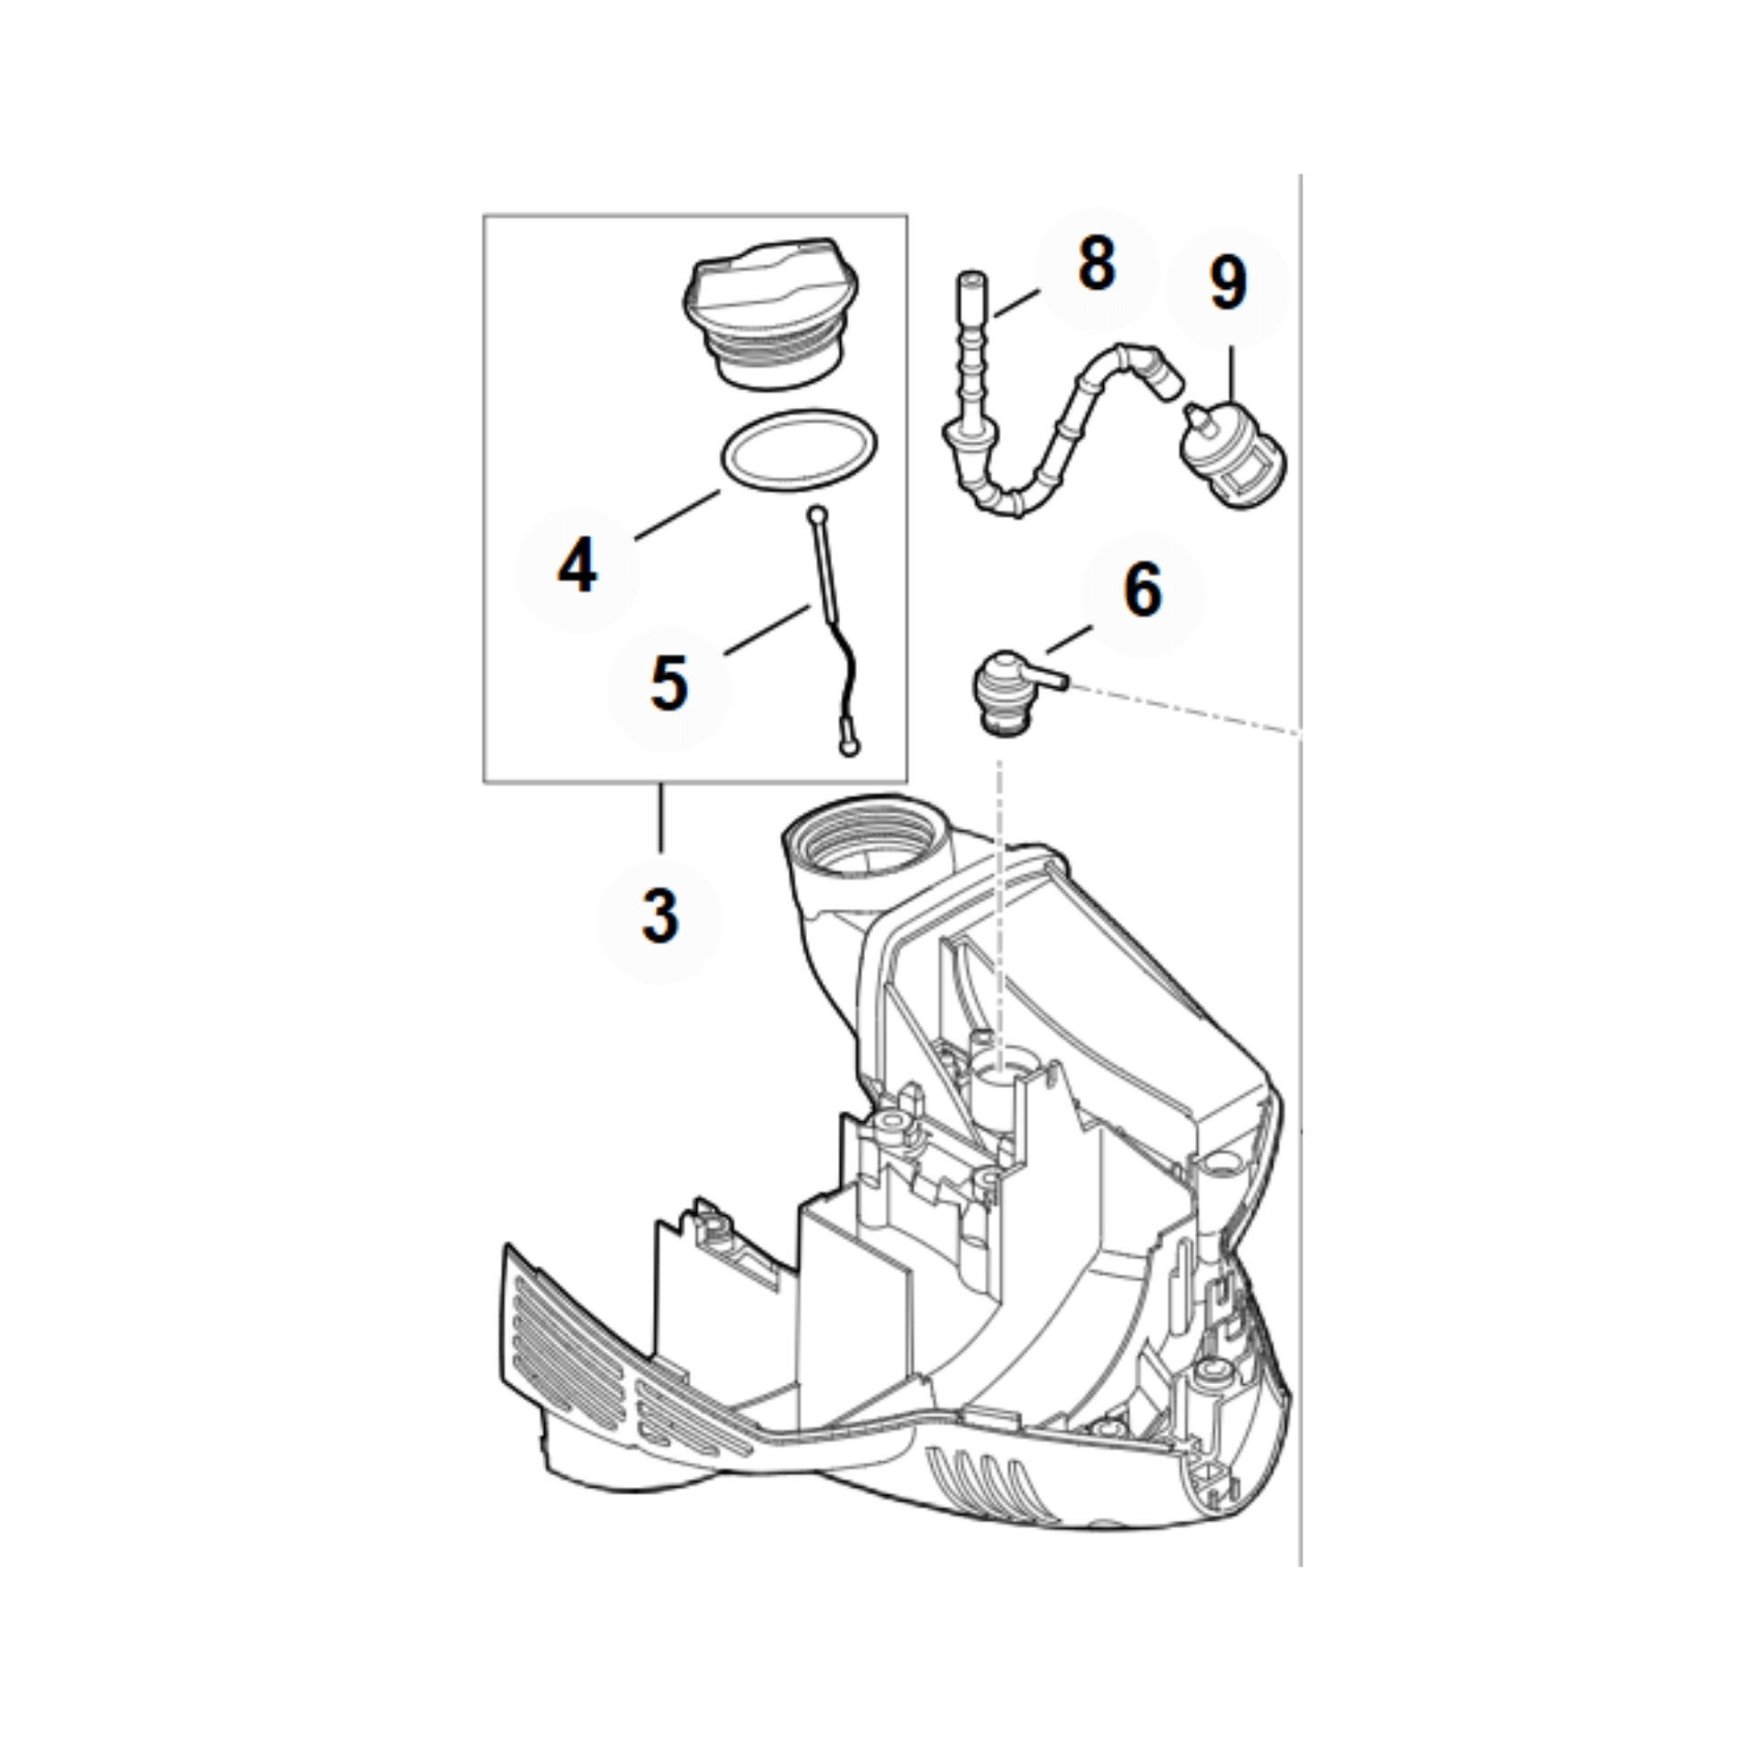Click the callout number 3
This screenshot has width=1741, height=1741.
(x=659, y=916)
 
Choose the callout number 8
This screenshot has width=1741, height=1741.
(x=1096, y=265)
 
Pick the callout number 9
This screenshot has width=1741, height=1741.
(x=1228, y=284)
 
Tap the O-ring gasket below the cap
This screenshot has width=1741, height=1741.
(x=798, y=452)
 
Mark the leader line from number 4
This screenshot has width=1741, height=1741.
(x=676, y=514)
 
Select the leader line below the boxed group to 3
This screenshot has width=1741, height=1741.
(x=661, y=817)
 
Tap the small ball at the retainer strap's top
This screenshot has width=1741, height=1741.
(x=818, y=515)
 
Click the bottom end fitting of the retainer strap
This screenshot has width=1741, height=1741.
(x=848, y=746)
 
